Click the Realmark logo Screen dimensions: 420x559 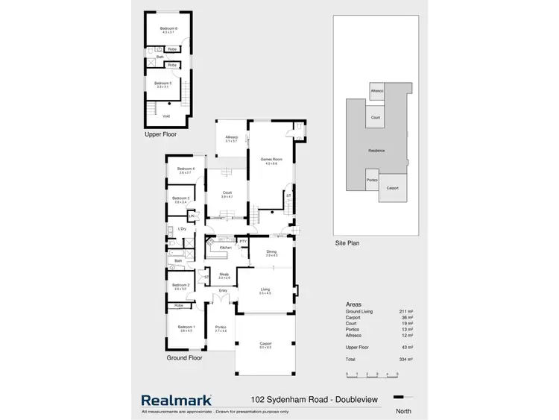coord(176,400)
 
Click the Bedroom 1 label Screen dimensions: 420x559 coord(186,328)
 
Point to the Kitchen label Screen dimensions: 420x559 coord(225,246)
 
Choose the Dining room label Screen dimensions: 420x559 coord(271,252)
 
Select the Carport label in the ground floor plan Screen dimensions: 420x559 coord(265,344)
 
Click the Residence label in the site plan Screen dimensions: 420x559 coord(377,151)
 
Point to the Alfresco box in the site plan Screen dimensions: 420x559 coord(376,91)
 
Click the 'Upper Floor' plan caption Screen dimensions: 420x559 coord(160,135)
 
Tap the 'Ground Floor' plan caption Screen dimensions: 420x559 coord(184,358)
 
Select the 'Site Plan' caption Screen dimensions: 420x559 coord(349,243)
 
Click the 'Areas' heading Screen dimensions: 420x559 coord(355,304)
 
